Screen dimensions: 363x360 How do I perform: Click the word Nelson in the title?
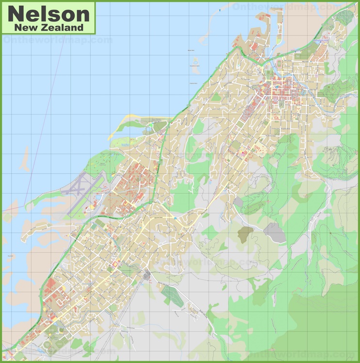click(x=49, y=13)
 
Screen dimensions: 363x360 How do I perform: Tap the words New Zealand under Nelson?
click(x=49, y=28)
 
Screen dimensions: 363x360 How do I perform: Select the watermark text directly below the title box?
click(x=57, y=40)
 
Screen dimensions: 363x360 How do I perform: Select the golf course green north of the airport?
click(x=99, y=163)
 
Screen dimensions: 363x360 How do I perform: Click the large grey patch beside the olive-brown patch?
click(x=275, y=233)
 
